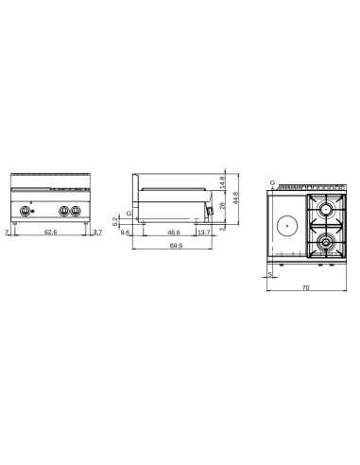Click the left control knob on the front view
(x=25, y=211)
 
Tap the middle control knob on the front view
(x=65, y=211)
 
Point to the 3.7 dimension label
(x=98, y=232)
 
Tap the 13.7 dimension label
(x=205, y=232)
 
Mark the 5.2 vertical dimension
(x=117, y=220)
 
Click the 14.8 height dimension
(x=222, y=182)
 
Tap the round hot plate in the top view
(x=288, y=225)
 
